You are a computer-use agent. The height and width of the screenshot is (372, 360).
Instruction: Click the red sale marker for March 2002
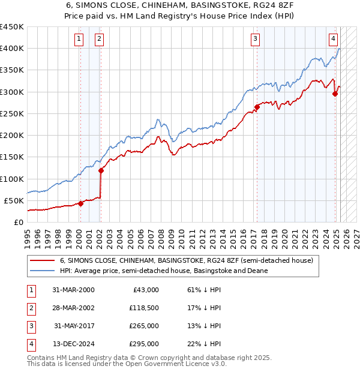[x=101, y=170]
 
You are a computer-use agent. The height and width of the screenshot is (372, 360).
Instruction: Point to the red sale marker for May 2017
[x=257, y=107]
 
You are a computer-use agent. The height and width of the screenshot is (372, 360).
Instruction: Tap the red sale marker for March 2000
[x=80, y=203]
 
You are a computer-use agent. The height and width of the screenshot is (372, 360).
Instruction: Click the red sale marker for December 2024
[x=335, y=94]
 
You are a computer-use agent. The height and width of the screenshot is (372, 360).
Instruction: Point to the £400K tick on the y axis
[x=12, y=49]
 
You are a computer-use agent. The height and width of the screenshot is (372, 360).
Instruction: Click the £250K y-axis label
[x=12, y=113]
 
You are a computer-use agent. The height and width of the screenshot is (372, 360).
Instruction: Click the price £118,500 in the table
[x=143, y=308]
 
